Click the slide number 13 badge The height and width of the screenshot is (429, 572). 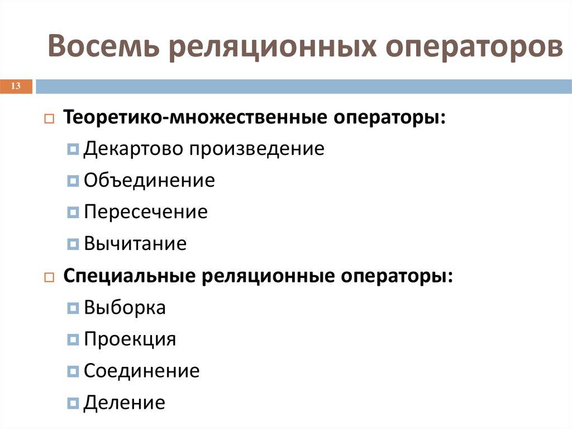click(16, 86)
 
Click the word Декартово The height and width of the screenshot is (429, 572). click(132, 149)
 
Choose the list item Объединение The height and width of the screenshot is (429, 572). click(149, 181)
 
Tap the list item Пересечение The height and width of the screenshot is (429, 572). click(145, 213)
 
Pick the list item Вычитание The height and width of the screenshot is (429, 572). click(135, 244)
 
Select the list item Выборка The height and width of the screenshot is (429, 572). click(125, 308)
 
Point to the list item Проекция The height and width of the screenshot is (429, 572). click(130, 340)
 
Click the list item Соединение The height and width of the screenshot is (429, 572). click(141, 371)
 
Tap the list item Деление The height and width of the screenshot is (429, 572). click(125, 403)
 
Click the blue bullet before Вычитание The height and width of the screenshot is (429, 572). click(73, 244)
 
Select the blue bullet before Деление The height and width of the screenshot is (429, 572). click(73, 403)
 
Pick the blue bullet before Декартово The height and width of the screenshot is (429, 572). click(73, 149)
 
